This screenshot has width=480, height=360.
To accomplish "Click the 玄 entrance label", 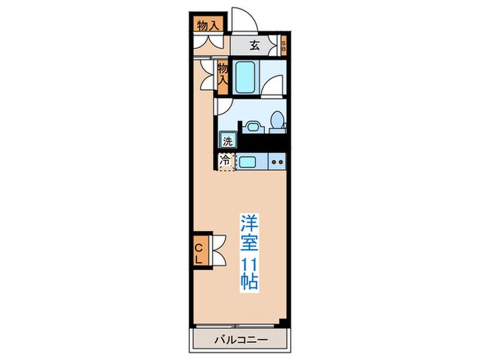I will coord(254,46).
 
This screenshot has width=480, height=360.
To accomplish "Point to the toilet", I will coord(276,121).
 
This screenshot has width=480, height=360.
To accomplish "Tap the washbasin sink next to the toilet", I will coord(252,127).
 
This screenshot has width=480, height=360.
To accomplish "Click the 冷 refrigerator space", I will coord(226,161).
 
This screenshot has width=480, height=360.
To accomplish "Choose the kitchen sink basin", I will coord(248,162).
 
